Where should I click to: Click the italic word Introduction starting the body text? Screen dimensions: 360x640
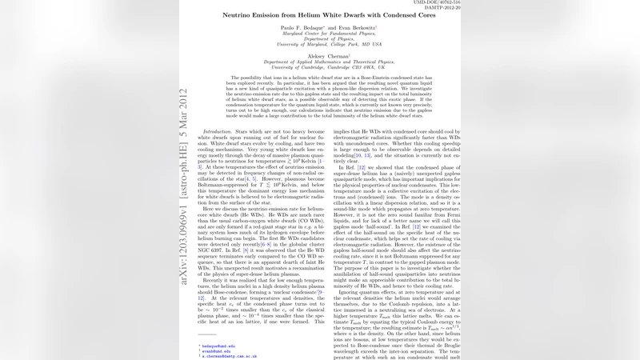point(218,130)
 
